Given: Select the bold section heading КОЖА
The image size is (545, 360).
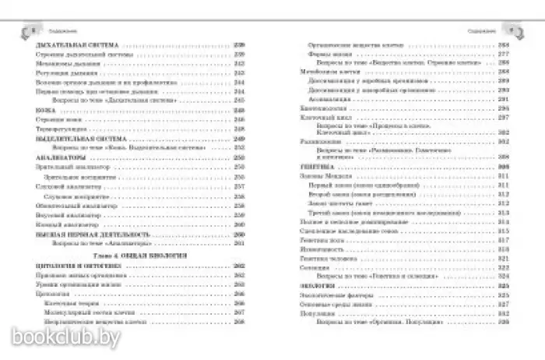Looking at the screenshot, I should tap(46, 111).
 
